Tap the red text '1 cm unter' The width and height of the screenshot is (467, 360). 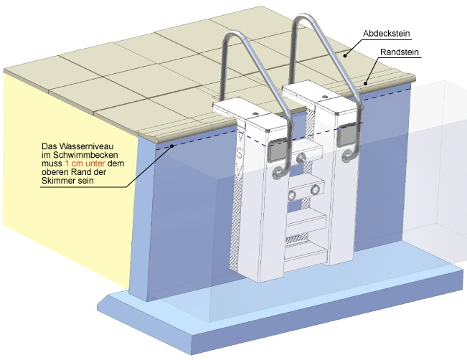click(85, 164)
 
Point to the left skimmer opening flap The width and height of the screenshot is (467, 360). click(277, 149)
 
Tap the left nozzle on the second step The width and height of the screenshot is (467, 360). click(292, 196)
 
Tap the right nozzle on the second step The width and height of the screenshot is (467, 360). click(315, 190)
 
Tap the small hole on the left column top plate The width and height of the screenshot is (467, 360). click(256, 113)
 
